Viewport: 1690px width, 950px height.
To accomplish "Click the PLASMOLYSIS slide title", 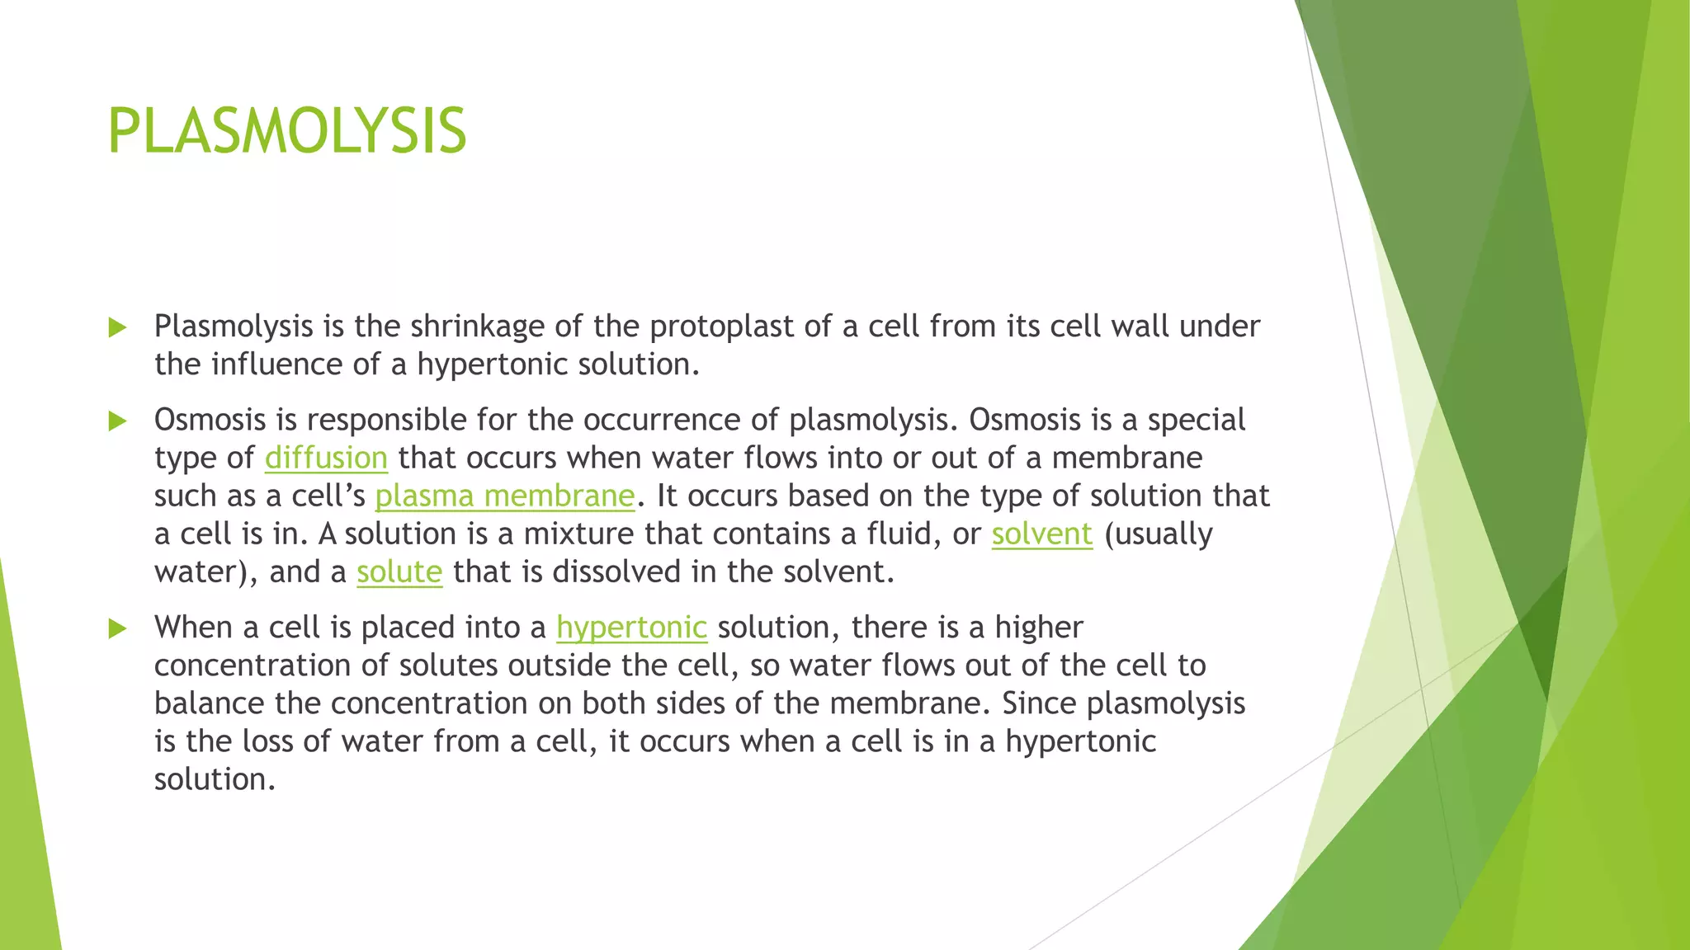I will click(286, 131).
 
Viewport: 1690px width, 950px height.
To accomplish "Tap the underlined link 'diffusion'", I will click(326, 458).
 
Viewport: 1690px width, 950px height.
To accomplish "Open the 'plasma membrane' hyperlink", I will click(505, 496).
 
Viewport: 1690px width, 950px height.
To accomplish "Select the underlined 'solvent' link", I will click(1041, 534).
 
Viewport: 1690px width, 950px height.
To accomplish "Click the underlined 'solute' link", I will click(399, 571).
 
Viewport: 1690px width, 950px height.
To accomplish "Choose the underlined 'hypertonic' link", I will click(631, 628).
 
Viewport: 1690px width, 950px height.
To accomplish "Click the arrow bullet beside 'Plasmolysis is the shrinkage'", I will click(117, 327).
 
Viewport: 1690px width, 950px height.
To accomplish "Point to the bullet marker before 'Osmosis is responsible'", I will click(117, 421).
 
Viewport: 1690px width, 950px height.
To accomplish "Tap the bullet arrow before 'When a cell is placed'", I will click(117, 629).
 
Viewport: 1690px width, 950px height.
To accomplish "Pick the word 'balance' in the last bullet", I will click(209, 703).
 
